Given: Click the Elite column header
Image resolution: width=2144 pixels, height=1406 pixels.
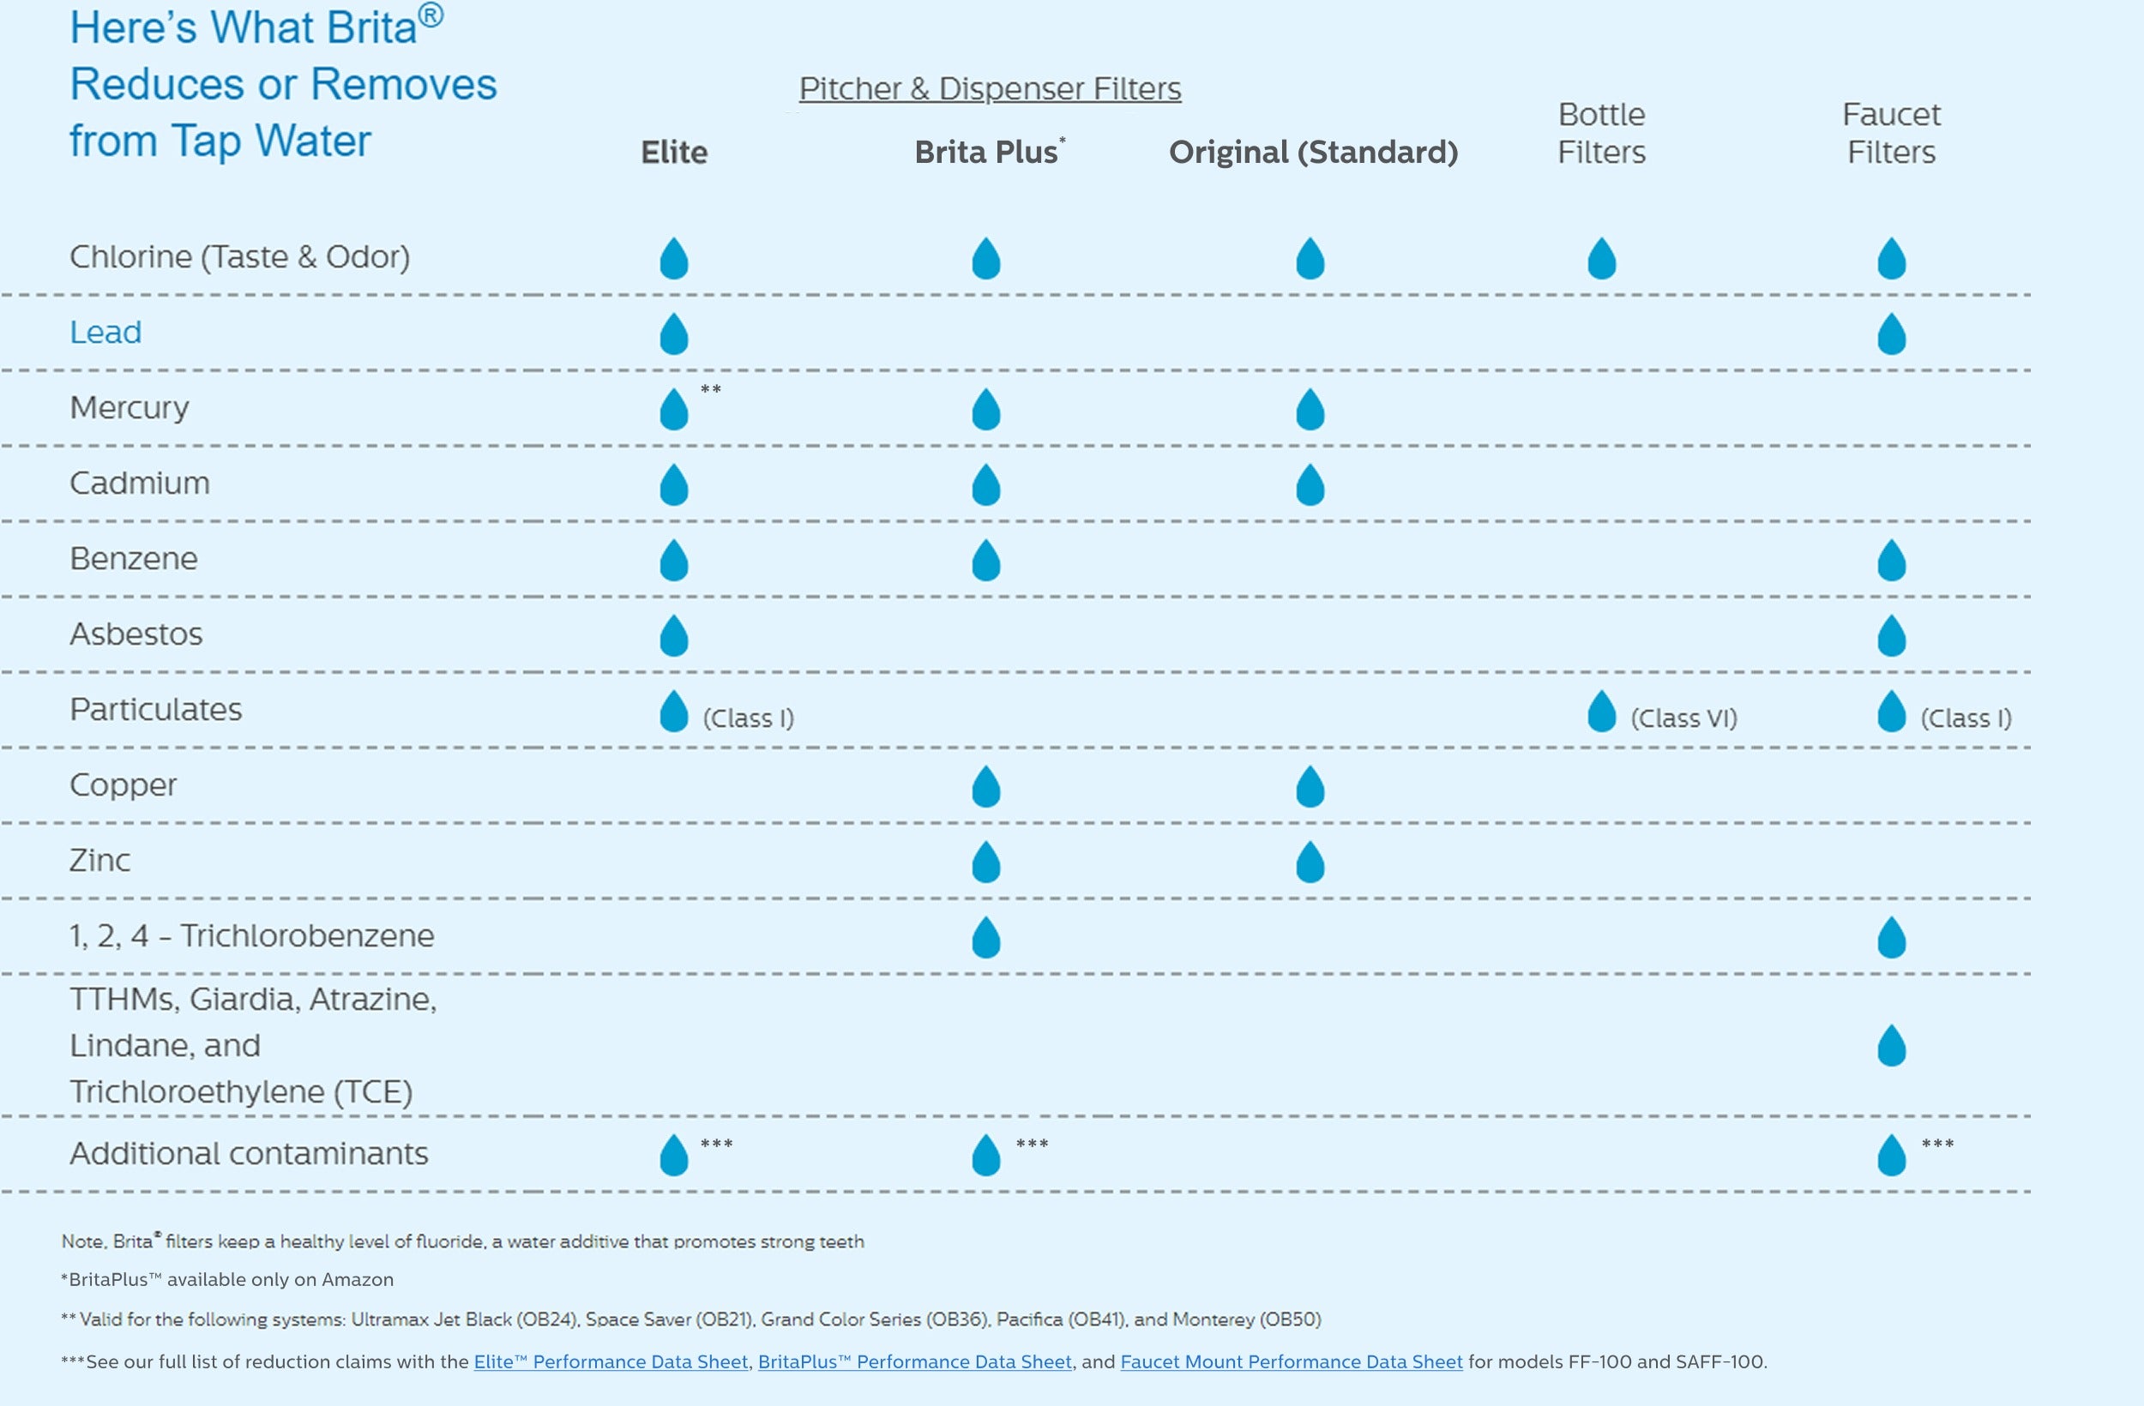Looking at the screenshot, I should point(674,153).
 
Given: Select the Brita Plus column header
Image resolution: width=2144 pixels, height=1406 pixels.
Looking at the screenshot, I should point(987,153).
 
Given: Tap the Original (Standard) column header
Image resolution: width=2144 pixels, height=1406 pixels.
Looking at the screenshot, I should point(1312,153).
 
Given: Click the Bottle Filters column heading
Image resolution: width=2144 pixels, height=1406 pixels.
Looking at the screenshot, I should point(1601,133).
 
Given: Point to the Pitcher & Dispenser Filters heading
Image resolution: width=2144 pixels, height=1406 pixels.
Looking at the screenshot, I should point(989,88).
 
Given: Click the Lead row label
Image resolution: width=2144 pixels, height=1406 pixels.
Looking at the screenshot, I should point(105,333).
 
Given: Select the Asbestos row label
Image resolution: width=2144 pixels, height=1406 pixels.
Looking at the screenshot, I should point(136,634).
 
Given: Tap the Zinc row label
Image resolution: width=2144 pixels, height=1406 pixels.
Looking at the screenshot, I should point(100,860).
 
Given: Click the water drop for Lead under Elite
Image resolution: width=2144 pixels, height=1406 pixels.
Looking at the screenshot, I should point(674,334).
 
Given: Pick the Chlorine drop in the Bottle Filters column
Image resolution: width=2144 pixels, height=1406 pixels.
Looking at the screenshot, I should point(1601,259).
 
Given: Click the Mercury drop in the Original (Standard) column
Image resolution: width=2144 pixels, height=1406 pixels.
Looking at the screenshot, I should point(1310,410).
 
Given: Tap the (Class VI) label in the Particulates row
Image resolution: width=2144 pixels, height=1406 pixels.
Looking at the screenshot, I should point(1683,718).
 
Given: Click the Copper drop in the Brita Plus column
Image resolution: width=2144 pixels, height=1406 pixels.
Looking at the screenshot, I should point(985,786).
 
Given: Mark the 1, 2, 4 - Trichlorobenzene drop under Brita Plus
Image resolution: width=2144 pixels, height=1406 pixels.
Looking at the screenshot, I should point(985,938).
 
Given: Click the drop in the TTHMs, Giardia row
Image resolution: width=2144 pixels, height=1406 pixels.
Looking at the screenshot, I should point(1891,1046).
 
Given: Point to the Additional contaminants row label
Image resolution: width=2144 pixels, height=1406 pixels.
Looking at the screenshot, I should point(249,1154).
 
